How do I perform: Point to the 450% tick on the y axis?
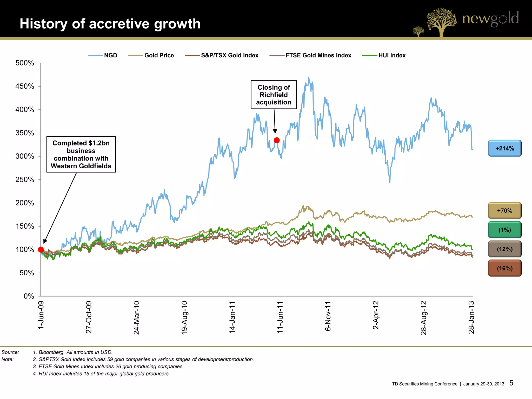tap(25, 86)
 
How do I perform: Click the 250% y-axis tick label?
tap(25, 179)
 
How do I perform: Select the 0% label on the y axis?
tap(29, 296)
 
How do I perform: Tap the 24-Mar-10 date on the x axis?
tap(137, 318)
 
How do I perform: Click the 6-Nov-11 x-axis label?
tap(328, 316)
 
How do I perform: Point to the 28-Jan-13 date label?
tap(471, 317)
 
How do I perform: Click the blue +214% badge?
tap(504, 148)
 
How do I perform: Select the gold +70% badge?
tap(504, 211)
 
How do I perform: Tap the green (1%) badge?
tap(504, 230)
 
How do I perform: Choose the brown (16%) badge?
tap(504, 268)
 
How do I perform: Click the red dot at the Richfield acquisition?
tap(277, 140)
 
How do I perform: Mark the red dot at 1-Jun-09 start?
tap(41, 250)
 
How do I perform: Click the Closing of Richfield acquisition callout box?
tap(274, 95)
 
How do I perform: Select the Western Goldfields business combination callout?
tap(81, 154)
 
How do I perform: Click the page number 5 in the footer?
tap(511, 383)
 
